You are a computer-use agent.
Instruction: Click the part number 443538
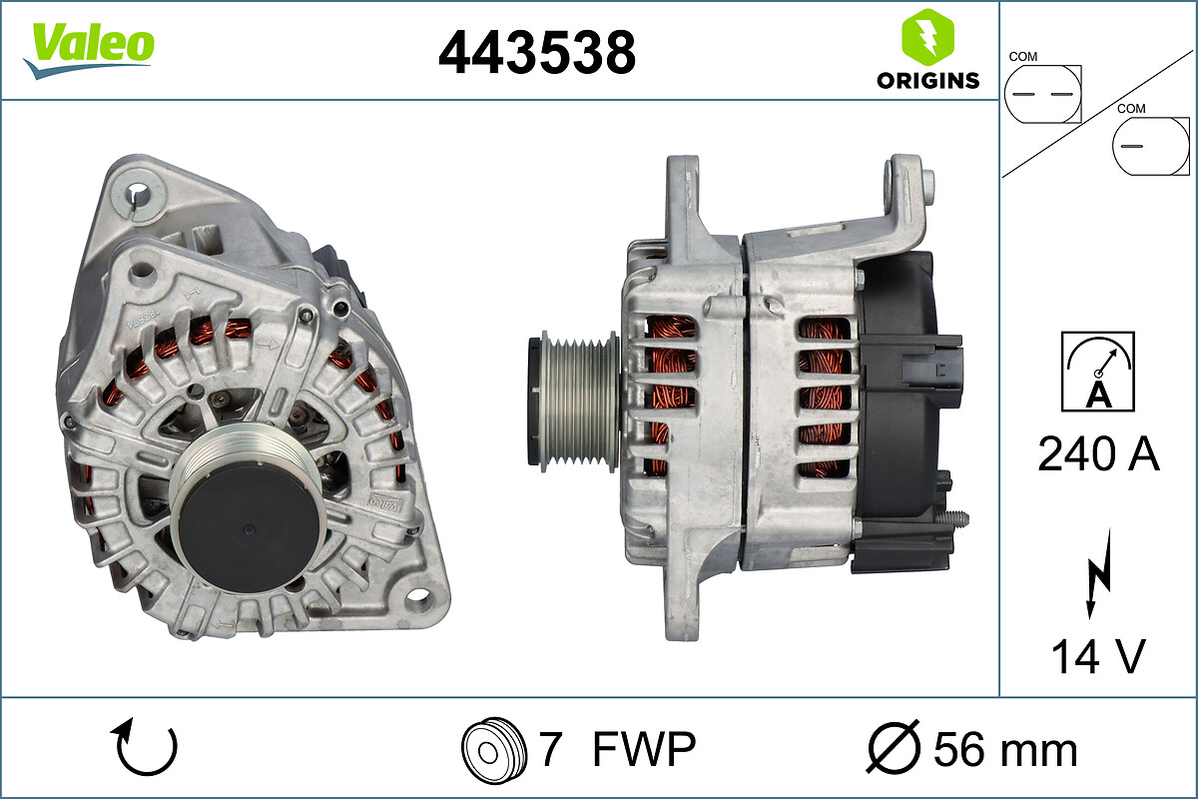click(537, 53)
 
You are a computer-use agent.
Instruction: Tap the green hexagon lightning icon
click(927, 37)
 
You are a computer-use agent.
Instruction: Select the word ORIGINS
click(927, 80)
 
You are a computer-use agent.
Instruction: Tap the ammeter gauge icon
click(1098, 372)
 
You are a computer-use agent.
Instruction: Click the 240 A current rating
click(1098, 453)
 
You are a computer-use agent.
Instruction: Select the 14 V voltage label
click(1098, 656)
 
